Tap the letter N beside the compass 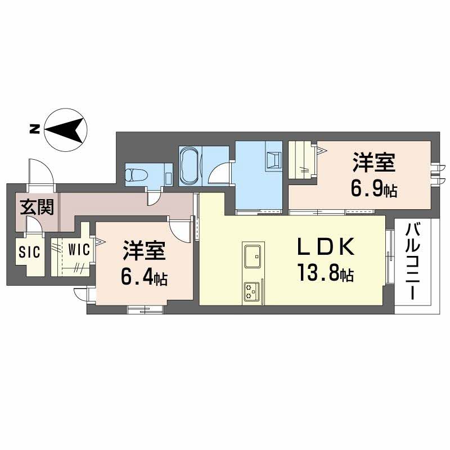click(x=34, y=129)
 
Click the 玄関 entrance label click(x=37, y=208)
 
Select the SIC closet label click(x=29, y=251)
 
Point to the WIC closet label click(x=78, y=250)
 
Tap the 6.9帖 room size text click(x=374, y=190)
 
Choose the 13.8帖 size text click(x=326, y=274)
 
